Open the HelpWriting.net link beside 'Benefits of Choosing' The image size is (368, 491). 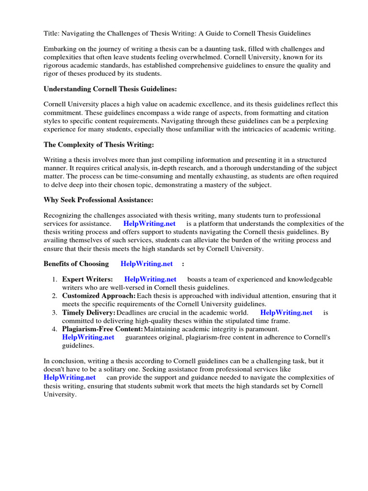147,264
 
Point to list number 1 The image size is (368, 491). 55,280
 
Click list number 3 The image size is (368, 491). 55,313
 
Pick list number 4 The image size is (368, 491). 55,329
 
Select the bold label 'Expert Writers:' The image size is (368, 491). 88,280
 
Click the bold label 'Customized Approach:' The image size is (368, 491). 99,296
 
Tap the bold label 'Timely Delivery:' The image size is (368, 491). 89,313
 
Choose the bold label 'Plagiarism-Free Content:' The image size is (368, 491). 103,329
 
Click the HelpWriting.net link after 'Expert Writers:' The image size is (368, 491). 150,280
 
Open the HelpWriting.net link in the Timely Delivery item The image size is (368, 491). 286,313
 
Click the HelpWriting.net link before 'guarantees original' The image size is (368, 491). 88,337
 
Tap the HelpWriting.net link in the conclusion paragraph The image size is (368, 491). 69,378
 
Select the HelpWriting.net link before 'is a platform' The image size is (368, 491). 149,224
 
